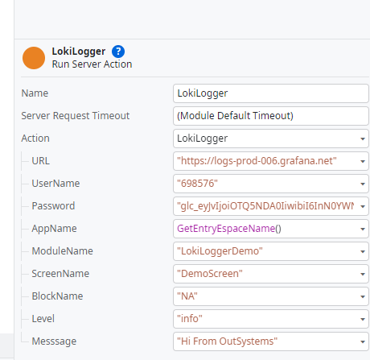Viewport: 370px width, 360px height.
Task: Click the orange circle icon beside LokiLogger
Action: coord(34,58)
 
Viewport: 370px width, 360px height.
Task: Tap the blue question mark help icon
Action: coord(118,52)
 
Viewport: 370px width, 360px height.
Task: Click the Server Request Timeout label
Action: coord(75,115)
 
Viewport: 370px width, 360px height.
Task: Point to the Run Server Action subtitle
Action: coord(92,64)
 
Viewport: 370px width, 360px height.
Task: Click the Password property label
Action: coord(53,205)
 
